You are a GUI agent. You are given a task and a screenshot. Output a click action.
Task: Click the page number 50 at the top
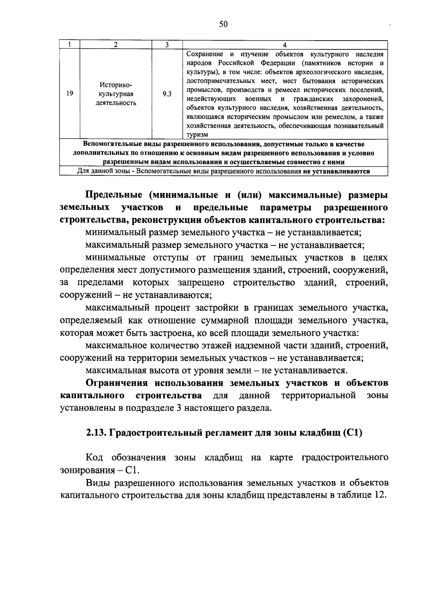223,24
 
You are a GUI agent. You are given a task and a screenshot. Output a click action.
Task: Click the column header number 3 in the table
167,45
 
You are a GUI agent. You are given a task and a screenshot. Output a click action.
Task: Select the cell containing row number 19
70,94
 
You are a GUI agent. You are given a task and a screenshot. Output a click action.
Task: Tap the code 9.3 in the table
167,94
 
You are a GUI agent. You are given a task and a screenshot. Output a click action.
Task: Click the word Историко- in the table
116,85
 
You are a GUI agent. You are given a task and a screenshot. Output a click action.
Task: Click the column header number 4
285,45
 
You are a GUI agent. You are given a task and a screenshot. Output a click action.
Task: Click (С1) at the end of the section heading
352,433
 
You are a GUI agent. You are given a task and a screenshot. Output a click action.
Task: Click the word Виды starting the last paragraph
96,482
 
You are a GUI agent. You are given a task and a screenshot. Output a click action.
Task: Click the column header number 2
116,45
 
